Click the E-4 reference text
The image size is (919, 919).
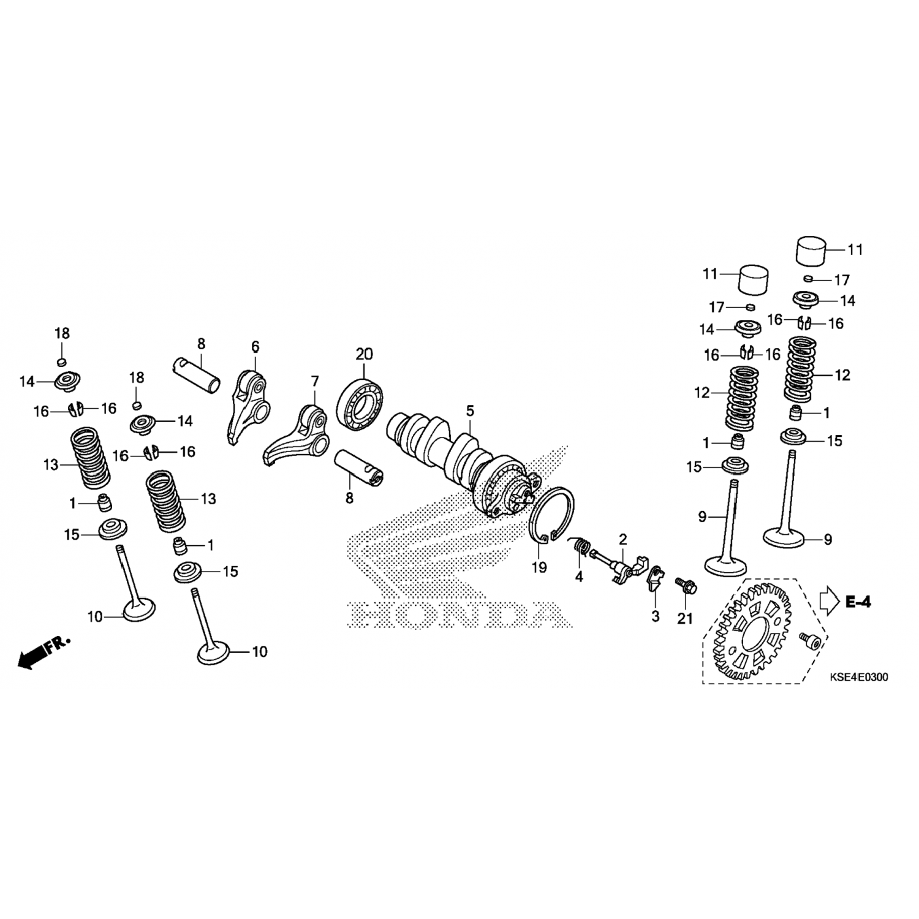click(x=858, y=602)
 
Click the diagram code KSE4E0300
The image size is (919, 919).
click(x=859, y=678)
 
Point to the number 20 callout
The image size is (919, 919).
click(x=364, y=354)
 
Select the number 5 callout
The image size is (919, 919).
click(x=470, y=410)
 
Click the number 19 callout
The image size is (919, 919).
click(x=539, y=568)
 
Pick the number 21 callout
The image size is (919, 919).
click(x=685, y=619)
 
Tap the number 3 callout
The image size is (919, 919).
click(x=655, y=616)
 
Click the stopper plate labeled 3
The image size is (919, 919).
click(x=655, y=579)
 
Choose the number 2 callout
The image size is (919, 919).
click(x=623, y=540)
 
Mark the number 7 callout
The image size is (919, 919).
click(x=315, y=382)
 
